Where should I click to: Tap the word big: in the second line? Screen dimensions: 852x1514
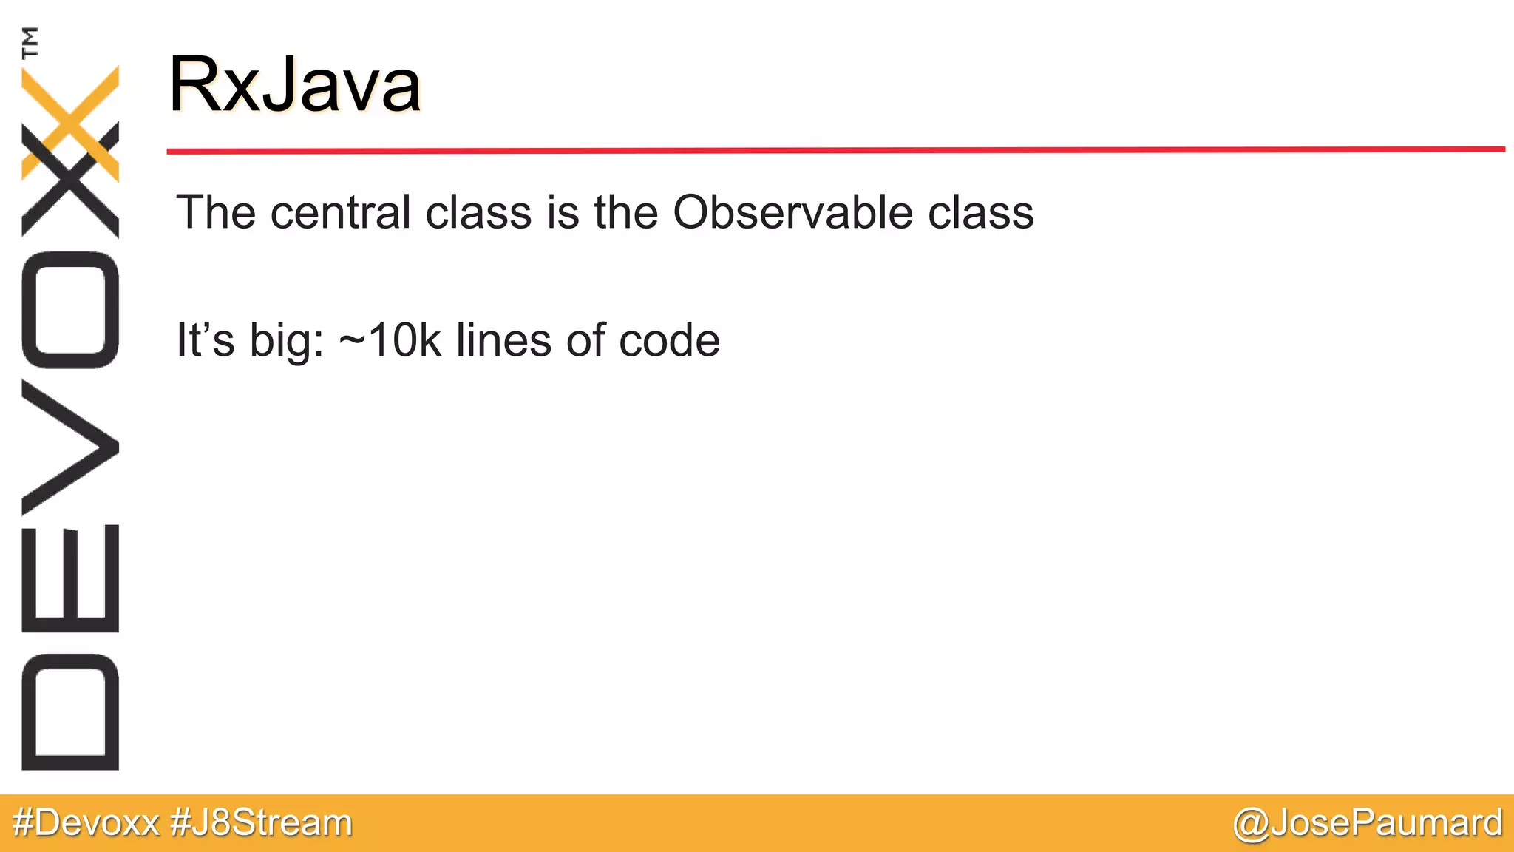click(x=287, y=342)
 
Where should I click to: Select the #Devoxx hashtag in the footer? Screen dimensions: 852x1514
click(x=86, y=822)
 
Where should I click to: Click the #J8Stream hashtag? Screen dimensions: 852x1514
click(x=261, y=822)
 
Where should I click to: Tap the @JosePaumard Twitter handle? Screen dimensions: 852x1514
click(x=1368, y=822)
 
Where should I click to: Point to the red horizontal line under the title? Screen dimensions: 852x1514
click(x=835, y=150)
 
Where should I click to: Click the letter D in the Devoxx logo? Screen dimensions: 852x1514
click(x=70, y=711)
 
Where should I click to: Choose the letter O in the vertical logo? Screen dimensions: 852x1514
click(x=70, y=309)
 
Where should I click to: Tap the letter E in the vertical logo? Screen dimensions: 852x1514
click(x=70, y=578)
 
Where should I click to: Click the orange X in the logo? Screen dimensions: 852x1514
click(x=70, y=122)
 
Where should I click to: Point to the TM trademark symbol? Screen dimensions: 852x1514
click(x=30, y=42)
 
